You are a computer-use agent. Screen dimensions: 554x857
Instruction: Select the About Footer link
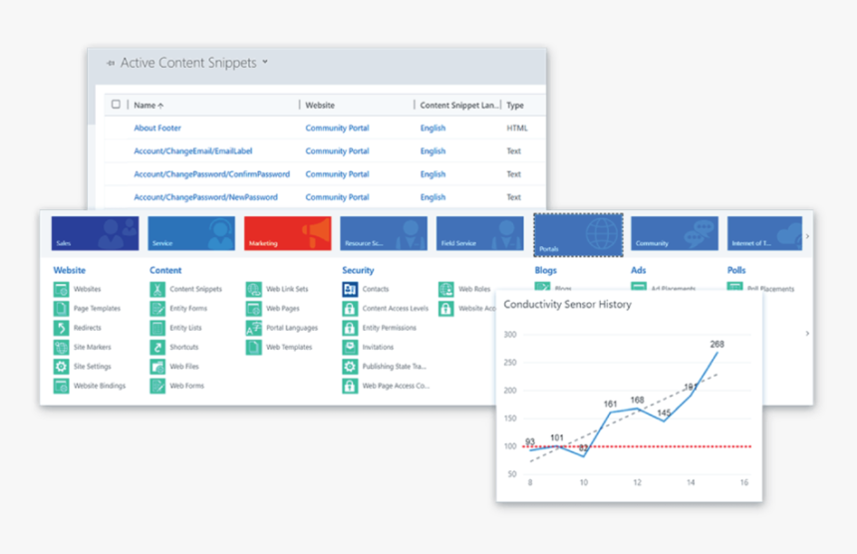tap(157, 129)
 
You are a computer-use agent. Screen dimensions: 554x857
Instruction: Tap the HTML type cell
tap(516, 129)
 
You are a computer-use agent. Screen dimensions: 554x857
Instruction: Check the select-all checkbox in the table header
tap(117, 105)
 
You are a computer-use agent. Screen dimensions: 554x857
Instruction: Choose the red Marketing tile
tap(288, 233)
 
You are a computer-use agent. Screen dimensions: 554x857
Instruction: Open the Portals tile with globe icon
tap(578, 233)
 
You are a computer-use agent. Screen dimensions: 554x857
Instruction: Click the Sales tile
tap(95, 233)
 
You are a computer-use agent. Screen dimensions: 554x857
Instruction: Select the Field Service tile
tap(481, 233)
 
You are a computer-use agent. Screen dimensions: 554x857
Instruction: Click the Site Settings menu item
tap(92, 367)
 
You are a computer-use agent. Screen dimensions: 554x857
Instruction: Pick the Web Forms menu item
tap(185, 386)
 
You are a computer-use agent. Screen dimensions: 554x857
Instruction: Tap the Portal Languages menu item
tap(291, 328)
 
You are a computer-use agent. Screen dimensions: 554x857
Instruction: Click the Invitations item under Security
tap(378, 348)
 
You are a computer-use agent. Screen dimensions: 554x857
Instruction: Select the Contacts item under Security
tap(375, 289)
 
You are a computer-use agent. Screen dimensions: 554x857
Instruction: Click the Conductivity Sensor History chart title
tap(567, 304)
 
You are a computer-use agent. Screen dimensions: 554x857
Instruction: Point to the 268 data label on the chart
tap(716, 344)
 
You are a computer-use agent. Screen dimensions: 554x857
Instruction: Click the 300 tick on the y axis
tap(510, 335)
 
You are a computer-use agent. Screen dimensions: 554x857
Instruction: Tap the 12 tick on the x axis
tap(637, 483)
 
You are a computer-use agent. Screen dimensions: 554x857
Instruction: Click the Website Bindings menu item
tap(99, 386)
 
